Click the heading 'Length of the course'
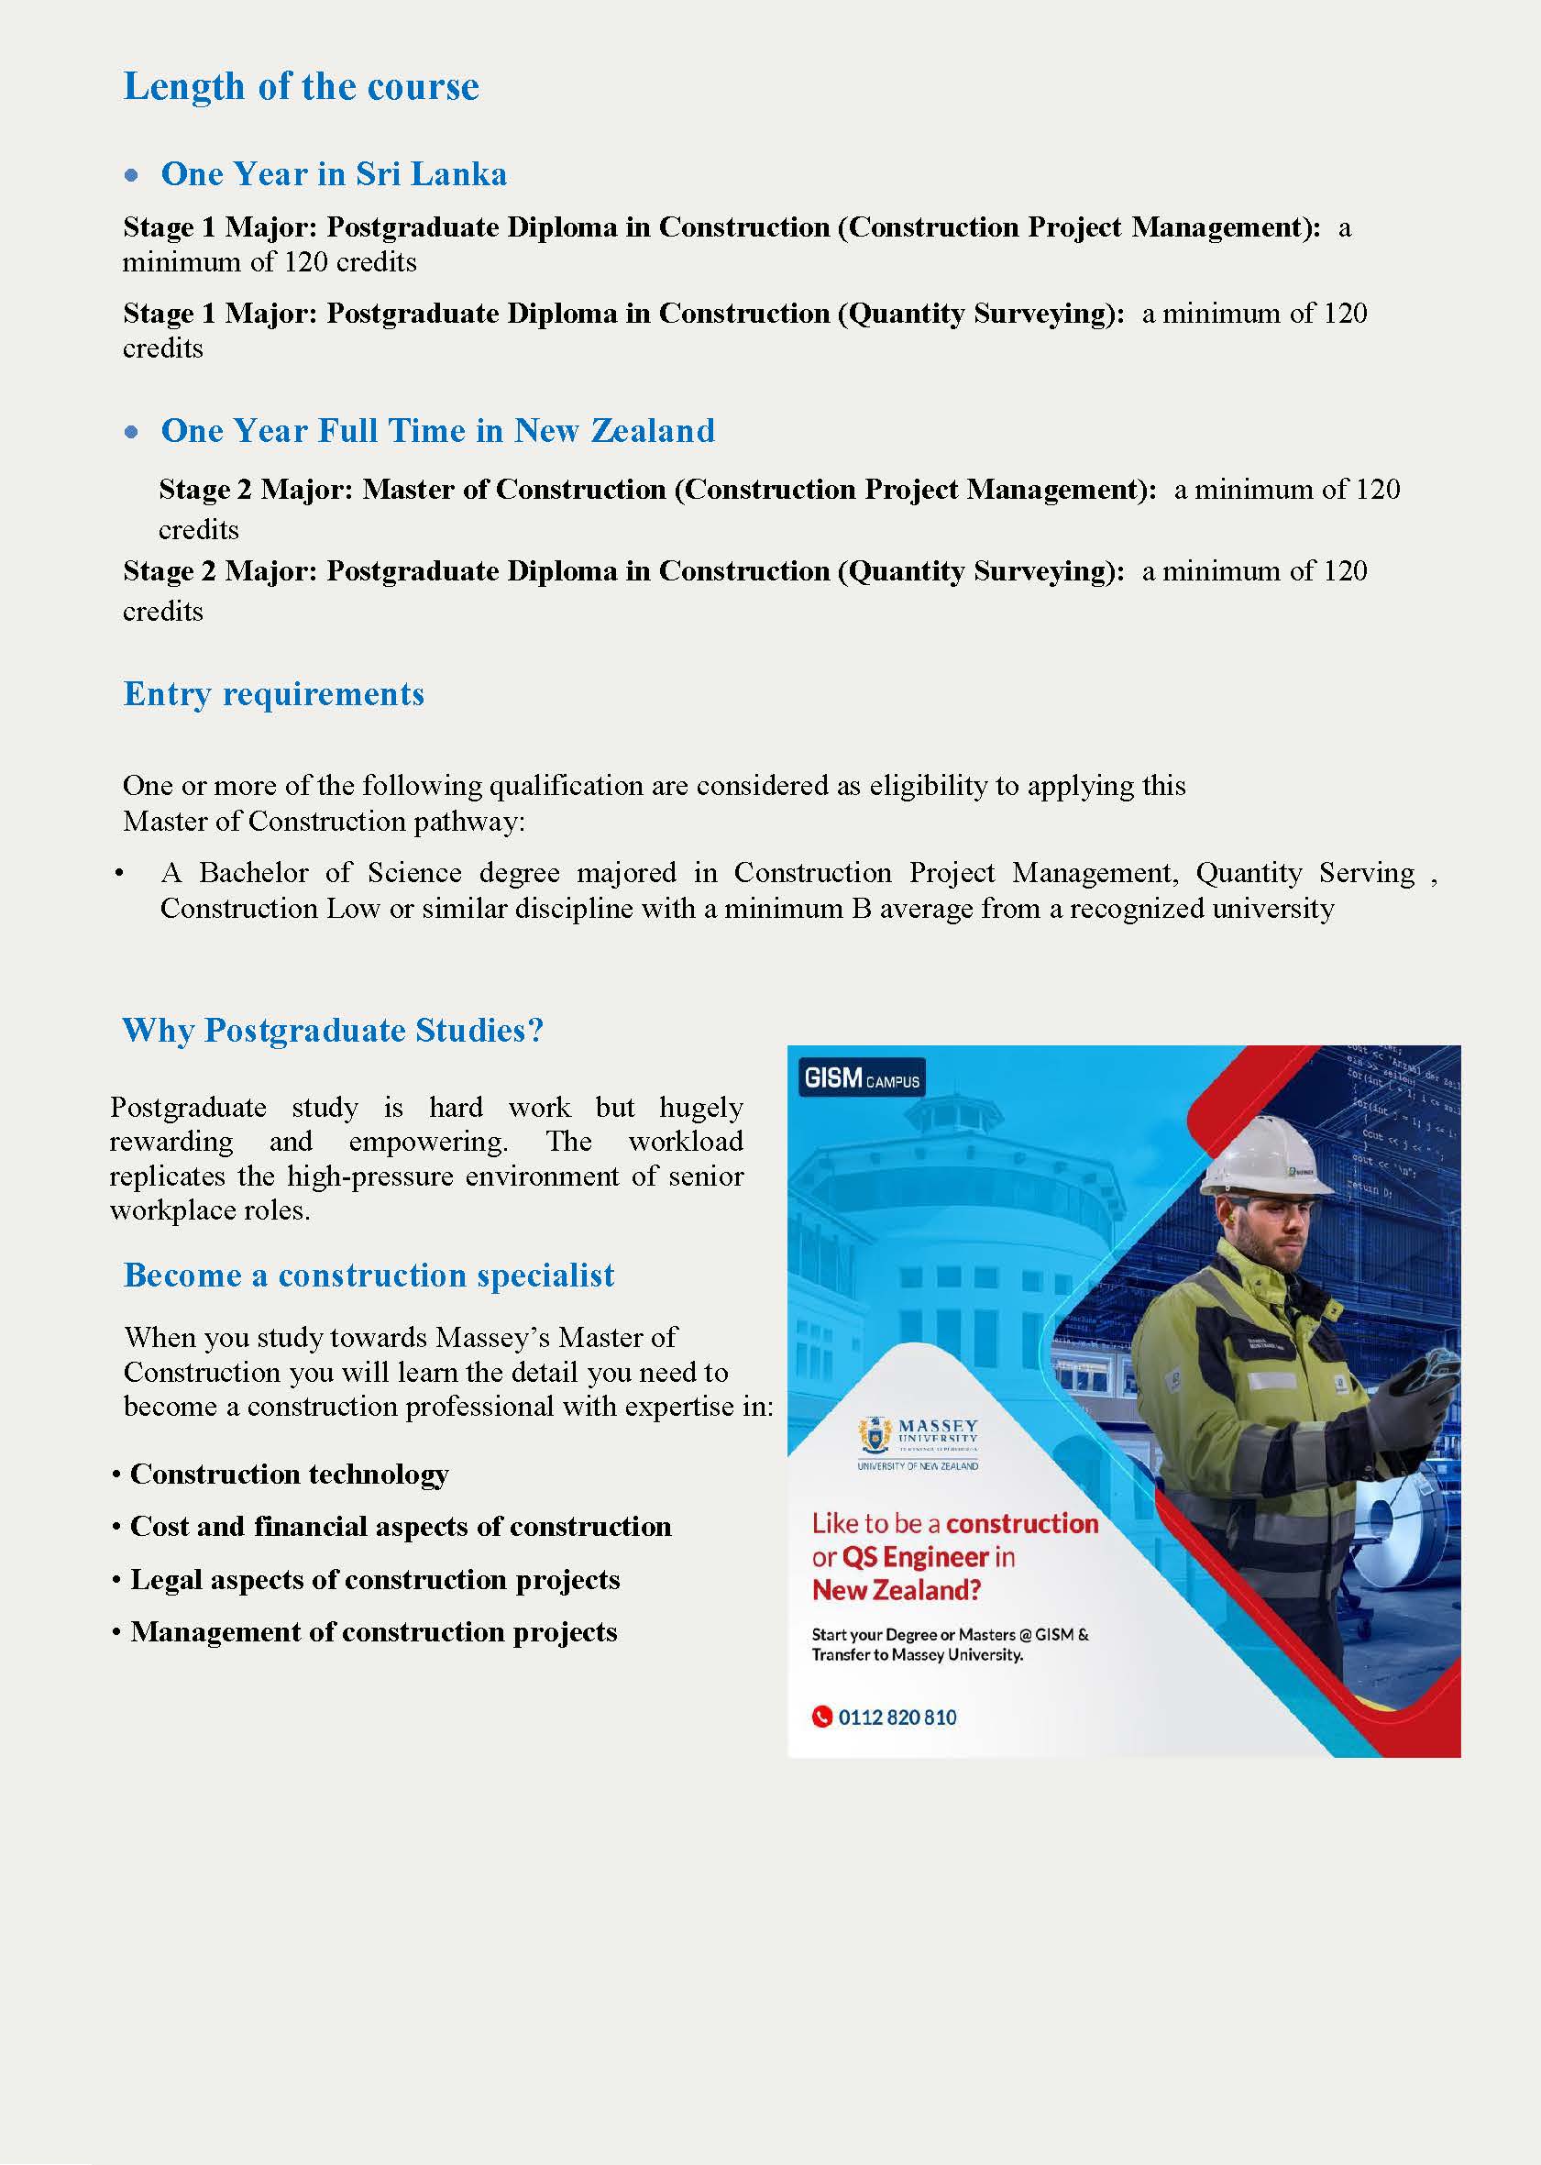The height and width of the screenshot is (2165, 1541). tap(301, 87)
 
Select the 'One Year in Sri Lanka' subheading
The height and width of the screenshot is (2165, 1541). tap(333, 174)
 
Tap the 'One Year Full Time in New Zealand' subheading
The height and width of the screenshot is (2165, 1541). tap(437, 431)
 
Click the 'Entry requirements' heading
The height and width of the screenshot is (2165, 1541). tap(273, 694)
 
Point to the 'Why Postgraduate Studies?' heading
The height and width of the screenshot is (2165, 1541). tap(332, 1031)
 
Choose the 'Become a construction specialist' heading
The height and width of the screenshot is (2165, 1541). tap(369, 1276)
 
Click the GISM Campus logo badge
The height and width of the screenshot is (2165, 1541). tap(861, 1079)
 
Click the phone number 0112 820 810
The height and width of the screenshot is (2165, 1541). tap(897, 1717)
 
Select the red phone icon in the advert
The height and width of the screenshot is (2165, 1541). tap(820, 1717)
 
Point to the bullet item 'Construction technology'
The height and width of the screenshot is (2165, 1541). tap(289, 1474)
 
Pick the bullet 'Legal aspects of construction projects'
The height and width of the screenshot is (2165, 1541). tap(374, 1579)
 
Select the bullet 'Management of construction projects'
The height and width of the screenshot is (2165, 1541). tap(373, 1631)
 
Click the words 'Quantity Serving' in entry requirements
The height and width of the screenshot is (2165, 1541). tap(1304, 873)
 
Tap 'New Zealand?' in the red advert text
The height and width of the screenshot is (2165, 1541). tap(896, 1591)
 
